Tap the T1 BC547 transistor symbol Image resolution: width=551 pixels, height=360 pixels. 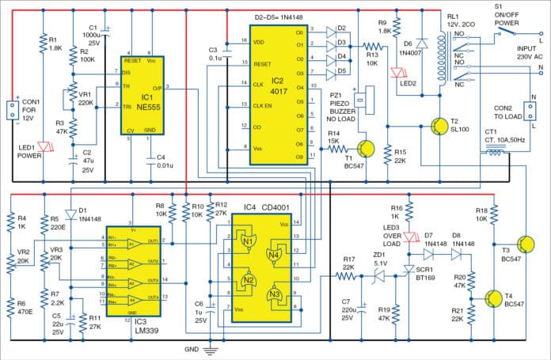coord(364,149)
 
